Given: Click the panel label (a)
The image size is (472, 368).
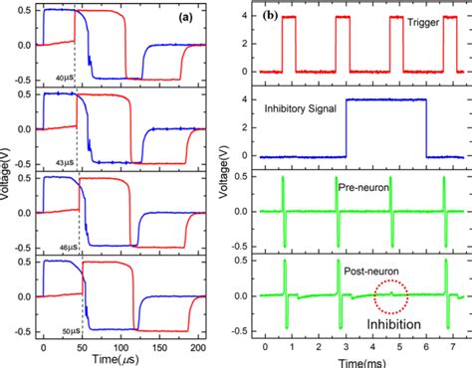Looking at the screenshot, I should click(x=184, y=19).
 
